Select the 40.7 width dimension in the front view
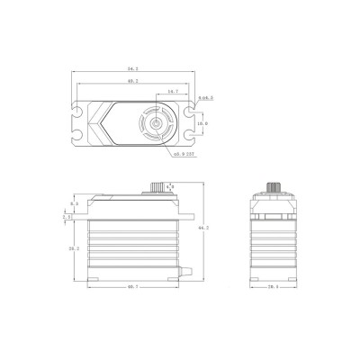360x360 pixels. (131, 286)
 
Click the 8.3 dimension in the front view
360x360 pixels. (76, 204)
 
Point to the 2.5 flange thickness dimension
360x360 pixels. (66, 217)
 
